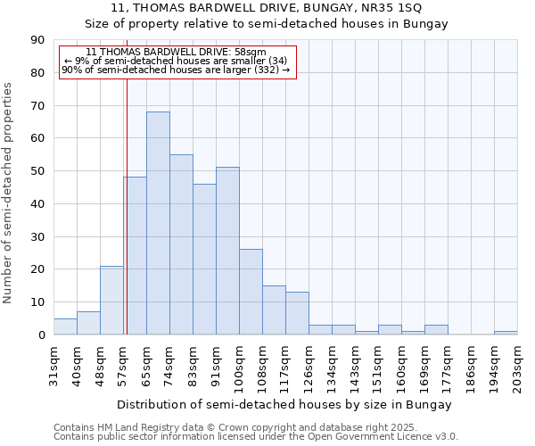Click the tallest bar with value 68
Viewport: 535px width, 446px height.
click(x=158, y=223)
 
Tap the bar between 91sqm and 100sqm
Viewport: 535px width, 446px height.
click(x=227, y=251)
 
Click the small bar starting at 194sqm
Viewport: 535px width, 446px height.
click(x=506, y=333)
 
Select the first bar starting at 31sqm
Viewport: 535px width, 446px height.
click(x=65, y=326)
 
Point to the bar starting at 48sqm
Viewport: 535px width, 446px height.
click(x=111, y=301)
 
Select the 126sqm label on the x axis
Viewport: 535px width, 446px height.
click(x=309, y=364)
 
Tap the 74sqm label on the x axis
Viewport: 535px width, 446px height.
click(x=169, y=364)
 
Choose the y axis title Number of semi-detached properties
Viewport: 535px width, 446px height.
click(x=8, y=192)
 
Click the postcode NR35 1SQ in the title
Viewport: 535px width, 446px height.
click(x=395, y=8)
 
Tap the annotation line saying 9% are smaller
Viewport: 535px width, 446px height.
click(x=176, y=61)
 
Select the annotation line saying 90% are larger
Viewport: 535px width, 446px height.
click(x=176, y=70)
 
